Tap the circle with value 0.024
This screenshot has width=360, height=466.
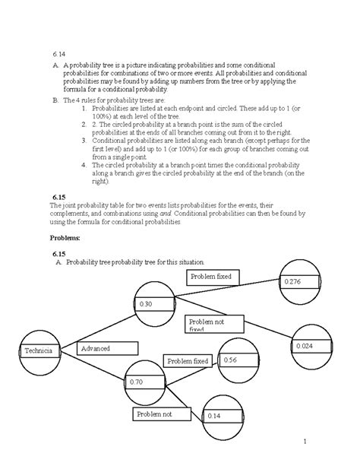[312, 345]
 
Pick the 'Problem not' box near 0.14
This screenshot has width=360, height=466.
[159, 414]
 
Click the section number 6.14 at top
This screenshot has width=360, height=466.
[59, 53]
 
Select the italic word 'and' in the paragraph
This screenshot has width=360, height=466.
[182, 214]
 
